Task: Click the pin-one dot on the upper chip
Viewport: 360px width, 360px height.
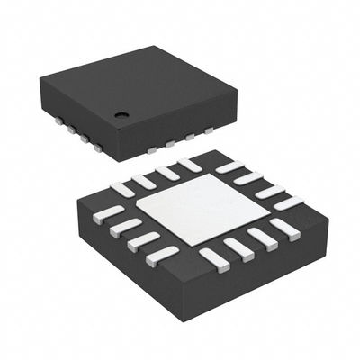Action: (121, 114)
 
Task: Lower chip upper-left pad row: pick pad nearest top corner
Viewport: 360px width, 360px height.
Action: (189, 165)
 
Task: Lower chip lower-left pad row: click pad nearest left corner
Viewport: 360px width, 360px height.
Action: (108, 214)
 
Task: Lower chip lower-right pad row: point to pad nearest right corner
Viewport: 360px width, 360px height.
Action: (285, 229)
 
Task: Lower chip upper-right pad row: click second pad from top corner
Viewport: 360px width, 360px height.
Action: (248, 178)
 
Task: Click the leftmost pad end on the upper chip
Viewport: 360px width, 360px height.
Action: (58, 119)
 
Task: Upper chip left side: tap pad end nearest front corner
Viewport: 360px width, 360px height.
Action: (98, 146)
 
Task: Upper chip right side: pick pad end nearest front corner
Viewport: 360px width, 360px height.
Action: (152, 148)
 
